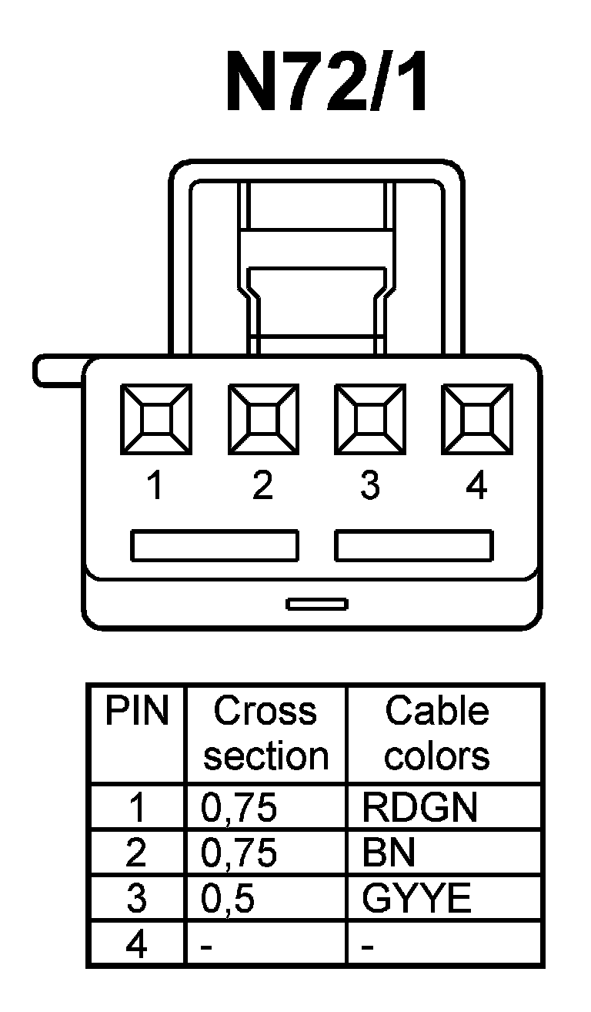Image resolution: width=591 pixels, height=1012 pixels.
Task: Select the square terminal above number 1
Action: coord(156,421)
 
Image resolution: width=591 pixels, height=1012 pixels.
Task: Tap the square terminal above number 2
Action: coord(262,421)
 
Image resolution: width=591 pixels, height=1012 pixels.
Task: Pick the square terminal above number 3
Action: coord(369,421)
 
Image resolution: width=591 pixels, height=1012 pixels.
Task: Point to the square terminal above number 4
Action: coord(476,421)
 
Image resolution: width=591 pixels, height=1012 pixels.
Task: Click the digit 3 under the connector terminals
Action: coord(370,487)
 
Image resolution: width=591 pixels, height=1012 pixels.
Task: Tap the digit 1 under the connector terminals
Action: coord(156,487)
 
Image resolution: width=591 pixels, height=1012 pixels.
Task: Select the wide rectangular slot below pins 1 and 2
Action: coord(214,545)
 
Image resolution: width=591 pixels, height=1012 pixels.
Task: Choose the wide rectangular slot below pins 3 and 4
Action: coord(414,545)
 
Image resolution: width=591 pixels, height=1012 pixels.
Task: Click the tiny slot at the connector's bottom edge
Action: coord(316,604)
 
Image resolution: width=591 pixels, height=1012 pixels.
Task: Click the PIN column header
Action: coord(137,712)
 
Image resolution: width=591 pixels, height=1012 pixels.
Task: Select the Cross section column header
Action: coord(265,733)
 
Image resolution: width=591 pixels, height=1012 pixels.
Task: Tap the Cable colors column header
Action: coord(437,733)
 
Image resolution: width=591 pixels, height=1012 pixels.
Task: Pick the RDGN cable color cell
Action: coord(419,808)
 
